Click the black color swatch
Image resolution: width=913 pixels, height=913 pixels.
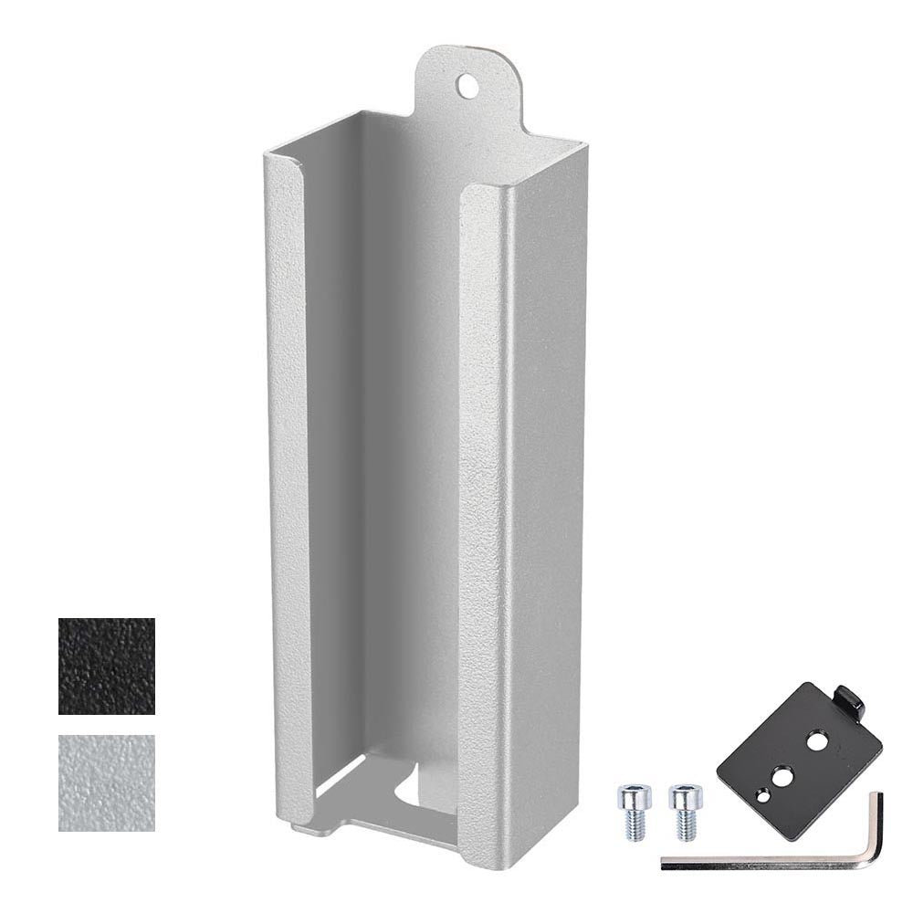106,666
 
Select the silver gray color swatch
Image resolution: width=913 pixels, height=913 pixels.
106,782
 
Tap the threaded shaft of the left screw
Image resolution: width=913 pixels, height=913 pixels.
635,825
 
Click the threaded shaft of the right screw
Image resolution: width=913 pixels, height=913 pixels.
686,825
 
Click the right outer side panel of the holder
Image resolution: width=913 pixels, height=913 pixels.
543,502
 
